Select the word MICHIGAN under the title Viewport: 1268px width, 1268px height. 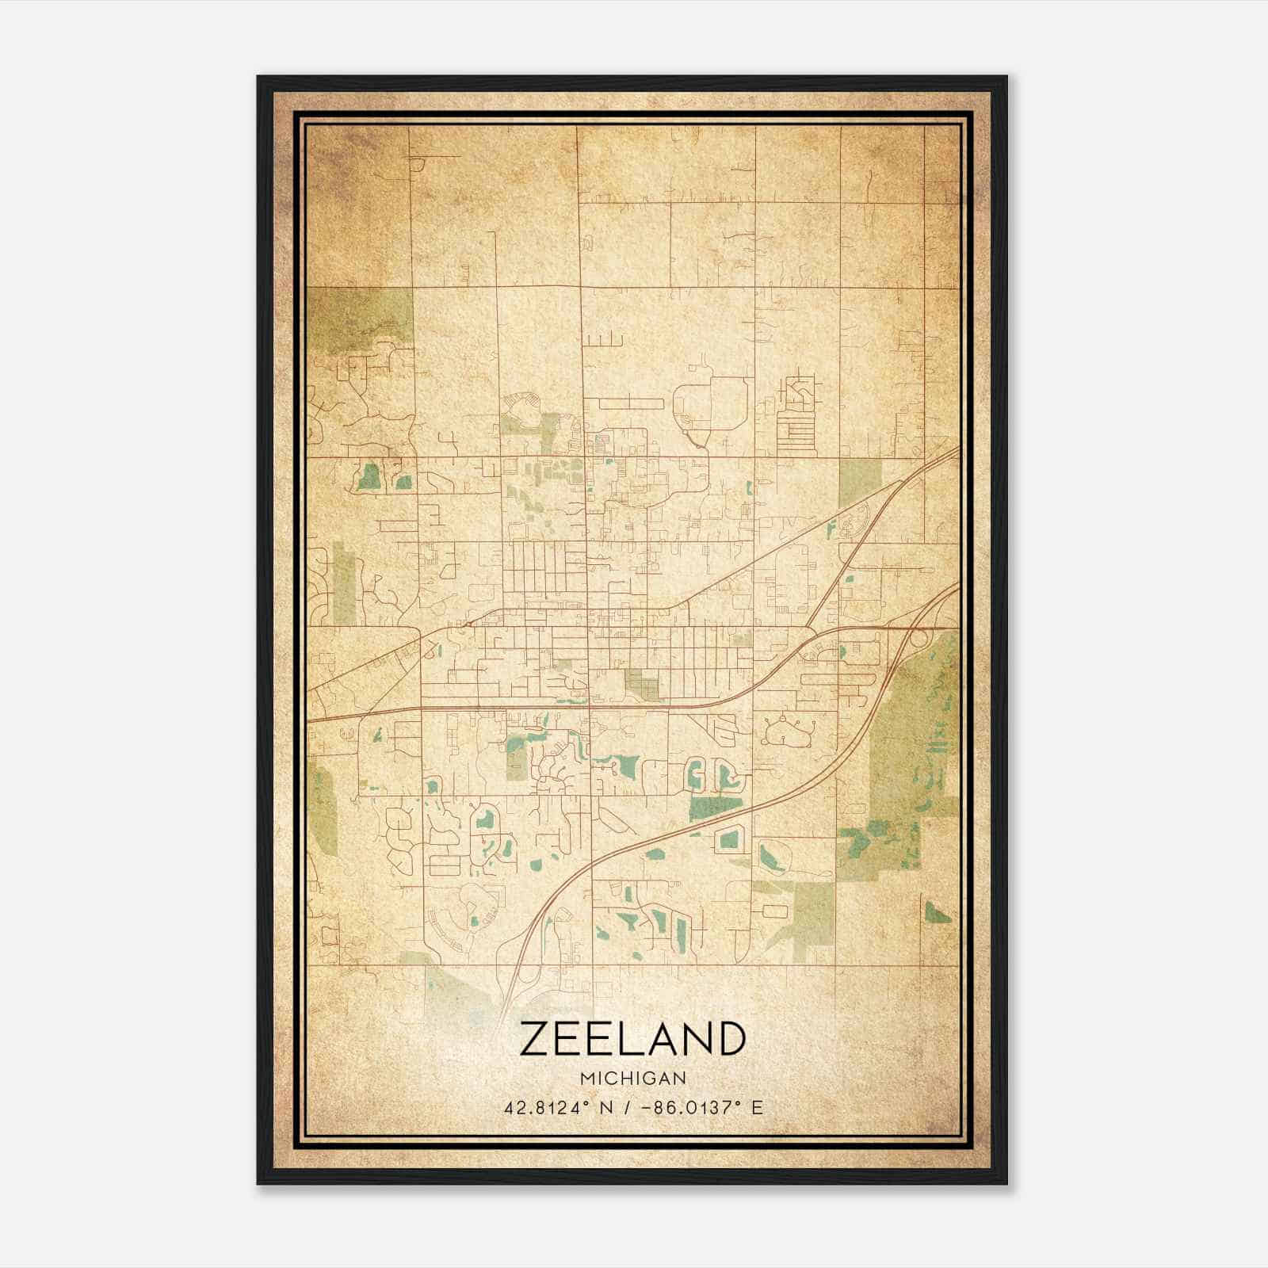(x=633, y=1078)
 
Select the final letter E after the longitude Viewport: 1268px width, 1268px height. (x=758, y=1108)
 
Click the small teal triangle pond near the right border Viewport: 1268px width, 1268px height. (x=935, y=914)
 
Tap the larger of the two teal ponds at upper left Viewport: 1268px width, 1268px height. (x=369, y=476)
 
